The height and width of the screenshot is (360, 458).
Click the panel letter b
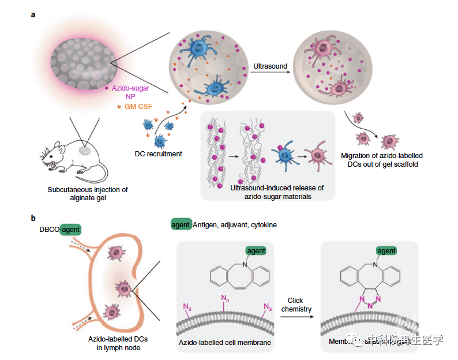coord(33,217)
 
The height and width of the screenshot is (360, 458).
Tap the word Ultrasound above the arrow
coord(270,66)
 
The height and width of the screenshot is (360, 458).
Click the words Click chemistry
coord(296,305)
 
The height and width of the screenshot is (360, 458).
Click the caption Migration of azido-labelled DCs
coord(381,159)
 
